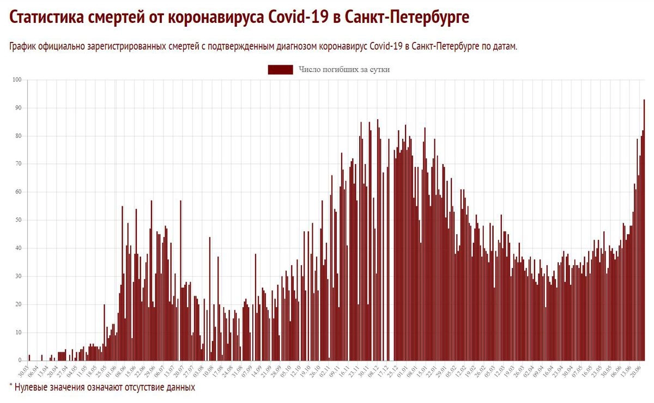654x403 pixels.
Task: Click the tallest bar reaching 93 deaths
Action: click(x=644, y=229)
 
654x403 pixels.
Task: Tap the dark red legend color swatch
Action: click(x=280, y=69)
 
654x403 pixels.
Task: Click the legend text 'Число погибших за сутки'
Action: click(x=344, y=69)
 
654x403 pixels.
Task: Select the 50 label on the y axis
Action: click(x=17, y=220)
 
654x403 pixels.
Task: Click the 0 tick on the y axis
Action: click(x=19, y=361)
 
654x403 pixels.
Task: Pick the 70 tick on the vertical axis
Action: click(x=17, y=164)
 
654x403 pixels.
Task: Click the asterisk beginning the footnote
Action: click(x=11, y=386)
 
